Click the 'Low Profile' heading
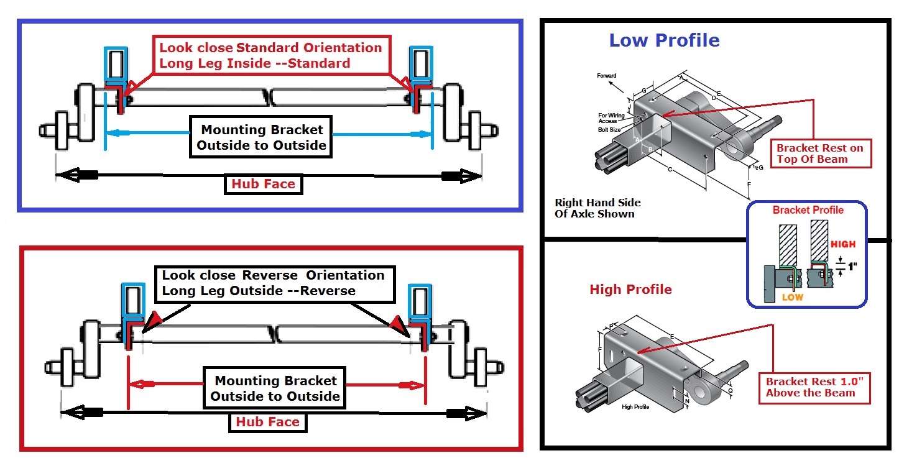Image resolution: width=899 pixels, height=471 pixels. point(664,41)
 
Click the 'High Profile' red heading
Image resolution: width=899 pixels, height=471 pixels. point(630,290)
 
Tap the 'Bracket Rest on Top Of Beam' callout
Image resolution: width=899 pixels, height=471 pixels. point(819,153)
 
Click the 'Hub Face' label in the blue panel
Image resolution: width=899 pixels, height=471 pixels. point(263,184)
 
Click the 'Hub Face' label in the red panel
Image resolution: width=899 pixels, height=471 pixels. point(267,422)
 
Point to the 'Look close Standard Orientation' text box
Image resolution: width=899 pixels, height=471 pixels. point(270,55)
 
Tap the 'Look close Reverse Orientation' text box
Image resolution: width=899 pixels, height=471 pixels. point(273,283)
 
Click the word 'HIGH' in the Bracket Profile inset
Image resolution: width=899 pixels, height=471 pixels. point(842,244)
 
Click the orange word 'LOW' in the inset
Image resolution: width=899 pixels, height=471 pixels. point(792,298)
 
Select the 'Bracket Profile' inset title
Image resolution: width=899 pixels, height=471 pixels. point(808,210)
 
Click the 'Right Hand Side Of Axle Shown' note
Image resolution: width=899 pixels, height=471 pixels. point(597,208)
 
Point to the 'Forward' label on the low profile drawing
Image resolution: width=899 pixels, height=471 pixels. point(606,76)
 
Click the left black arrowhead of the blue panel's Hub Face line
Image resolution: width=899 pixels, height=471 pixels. point(67,176)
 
